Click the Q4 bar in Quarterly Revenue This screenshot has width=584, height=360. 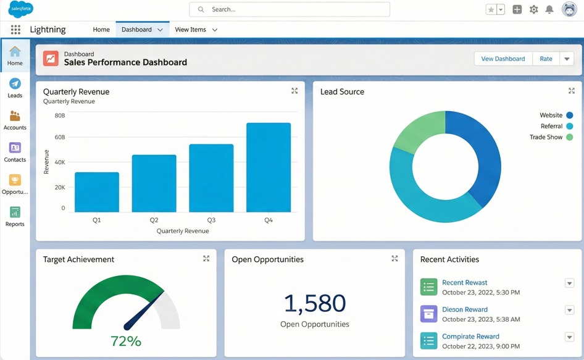[269, 167]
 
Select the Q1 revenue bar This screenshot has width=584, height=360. [97, 192]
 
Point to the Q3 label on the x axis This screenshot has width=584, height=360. [211, 220]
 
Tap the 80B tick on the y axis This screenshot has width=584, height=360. [60, 115]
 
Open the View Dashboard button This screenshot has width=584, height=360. [503, 59]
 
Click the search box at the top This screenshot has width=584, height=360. [290, 9]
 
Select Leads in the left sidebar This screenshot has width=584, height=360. [15, 88]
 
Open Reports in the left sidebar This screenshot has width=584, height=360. [15, 217]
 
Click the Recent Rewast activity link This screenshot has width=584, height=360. [464, 283]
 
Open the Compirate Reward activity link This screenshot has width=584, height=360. [470, 337]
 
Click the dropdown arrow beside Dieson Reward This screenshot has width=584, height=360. [569, 310]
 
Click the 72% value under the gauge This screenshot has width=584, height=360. [126, 341]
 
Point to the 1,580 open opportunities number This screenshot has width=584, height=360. [314, 303]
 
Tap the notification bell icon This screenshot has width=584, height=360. [549, 9]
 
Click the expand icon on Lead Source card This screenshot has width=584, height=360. [571, 91]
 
